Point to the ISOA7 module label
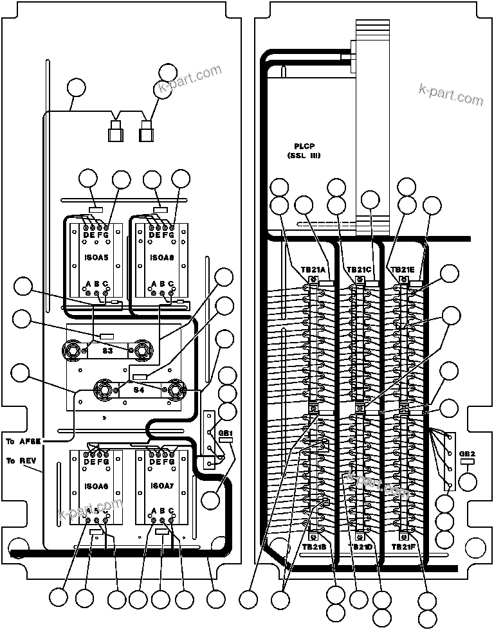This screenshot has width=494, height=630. (161, 486)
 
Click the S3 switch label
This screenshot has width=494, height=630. (107, 351)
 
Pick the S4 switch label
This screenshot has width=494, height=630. (138, 390)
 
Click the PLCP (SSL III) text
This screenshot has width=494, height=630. (304, 151)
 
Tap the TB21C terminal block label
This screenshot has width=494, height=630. (359, 270)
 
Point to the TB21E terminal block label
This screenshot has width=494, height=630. (403, 270)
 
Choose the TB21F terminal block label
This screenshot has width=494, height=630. (405, 546)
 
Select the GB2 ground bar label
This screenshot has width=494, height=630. (467, 453)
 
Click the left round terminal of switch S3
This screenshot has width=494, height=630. (72, 350)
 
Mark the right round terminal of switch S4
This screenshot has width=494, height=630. (174, 389)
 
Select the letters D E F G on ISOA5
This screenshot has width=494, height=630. (97, 235)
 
